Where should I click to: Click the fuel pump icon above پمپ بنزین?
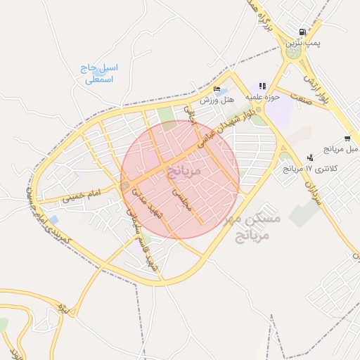[x=302, y=32]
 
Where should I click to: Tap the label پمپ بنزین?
[x=302, y=44]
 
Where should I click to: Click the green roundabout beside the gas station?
[x=294, y=51]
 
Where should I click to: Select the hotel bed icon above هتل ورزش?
[x=217, y=89]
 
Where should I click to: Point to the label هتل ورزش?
[x=217, y=101]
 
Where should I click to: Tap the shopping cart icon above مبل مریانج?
[x=347, y=139]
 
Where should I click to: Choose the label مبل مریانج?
[x=341, y=149]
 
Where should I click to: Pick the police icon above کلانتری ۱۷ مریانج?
[x=310, y=157]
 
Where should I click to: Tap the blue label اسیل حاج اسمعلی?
[x=99, y=74]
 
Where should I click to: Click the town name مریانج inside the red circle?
[x=185, y=170]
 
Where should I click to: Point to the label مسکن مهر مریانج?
[x=252, y=226]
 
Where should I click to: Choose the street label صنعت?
[x=302, y=99]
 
